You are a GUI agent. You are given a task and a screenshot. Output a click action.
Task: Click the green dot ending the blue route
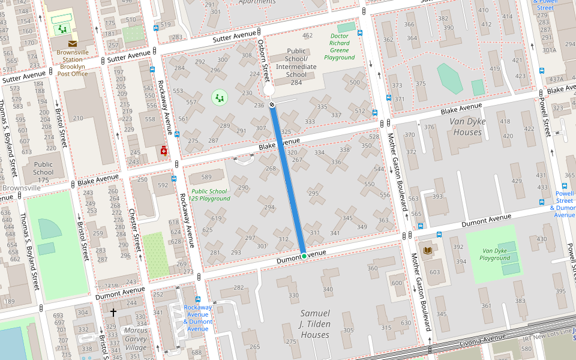coord(304,256)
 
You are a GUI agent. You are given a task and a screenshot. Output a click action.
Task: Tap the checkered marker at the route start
coord(272,105)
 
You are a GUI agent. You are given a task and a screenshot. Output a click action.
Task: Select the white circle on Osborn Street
coord(268,91)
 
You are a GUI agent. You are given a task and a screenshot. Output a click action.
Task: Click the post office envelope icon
coord(73,43)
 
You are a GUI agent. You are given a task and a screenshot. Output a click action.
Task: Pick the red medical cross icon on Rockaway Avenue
coord(163,151)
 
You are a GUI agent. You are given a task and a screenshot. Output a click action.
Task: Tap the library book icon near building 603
coord(428,250)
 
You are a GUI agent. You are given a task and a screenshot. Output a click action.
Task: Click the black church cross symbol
coord(113,312)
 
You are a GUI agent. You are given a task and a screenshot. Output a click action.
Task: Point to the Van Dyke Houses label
coord(467,127)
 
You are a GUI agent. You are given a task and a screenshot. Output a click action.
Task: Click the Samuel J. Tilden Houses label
coord(315,324)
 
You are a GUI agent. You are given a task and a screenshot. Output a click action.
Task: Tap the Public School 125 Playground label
coord(209,194)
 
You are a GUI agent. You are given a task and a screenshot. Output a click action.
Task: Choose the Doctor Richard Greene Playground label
coord(340,47)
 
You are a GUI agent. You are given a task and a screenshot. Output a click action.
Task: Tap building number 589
coord(206,177)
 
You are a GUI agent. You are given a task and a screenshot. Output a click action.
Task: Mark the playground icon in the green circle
coord(220,97)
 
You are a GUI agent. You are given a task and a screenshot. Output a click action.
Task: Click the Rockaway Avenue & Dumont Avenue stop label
coord(198,318)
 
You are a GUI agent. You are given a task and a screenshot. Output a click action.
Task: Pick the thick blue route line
coord(288,180)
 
